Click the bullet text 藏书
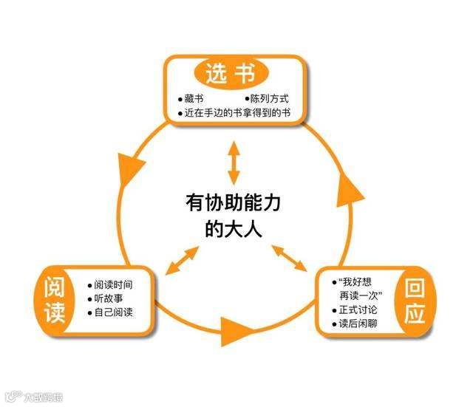(195, 98)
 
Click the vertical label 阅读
(55, 298)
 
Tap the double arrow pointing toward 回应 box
(290, 259)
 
